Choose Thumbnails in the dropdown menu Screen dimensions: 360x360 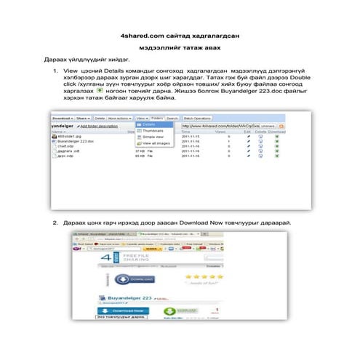click(x=153, y=130)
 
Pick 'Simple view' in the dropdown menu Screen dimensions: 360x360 click(x=154, y=137)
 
